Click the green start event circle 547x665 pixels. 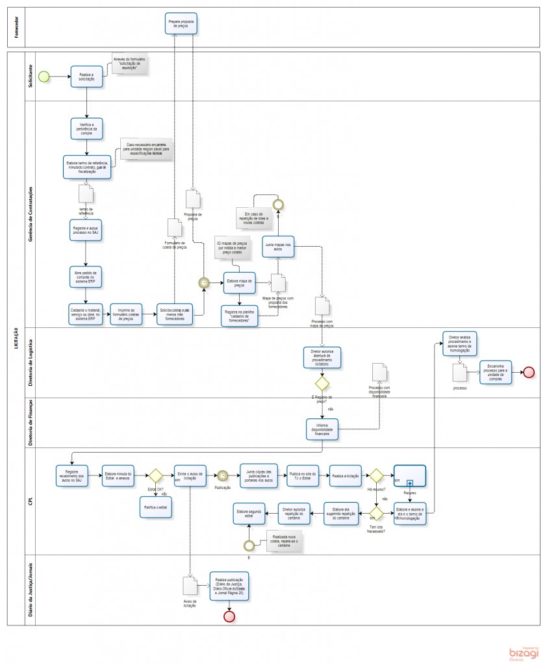pyautogui.click(x=44, y=76)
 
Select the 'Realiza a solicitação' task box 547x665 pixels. pyautogui.click(x=86, y=76)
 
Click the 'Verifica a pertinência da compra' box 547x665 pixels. pyautogui.click(x=86, y=128)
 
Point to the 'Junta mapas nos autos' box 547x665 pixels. pyautogui.click(x=279, y=246)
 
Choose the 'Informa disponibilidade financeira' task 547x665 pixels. pyautogui.click(x=323, y=429)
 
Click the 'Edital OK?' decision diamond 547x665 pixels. pyautogui.click(x=156, y=477)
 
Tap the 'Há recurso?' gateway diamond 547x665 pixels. pyautogui.click(x=377, y=476)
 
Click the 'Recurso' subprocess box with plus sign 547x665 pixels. pyautogui.click(x=409, y=475)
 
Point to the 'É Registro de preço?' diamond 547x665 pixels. pyautogui.click(x=322, y=383)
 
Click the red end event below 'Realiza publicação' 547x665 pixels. pyautogui.click(x=229, y=616)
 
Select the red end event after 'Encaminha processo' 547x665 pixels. pyautogui.click(x=528, y=372)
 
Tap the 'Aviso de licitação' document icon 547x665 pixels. pyautogui.click(x=190, y=586)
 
